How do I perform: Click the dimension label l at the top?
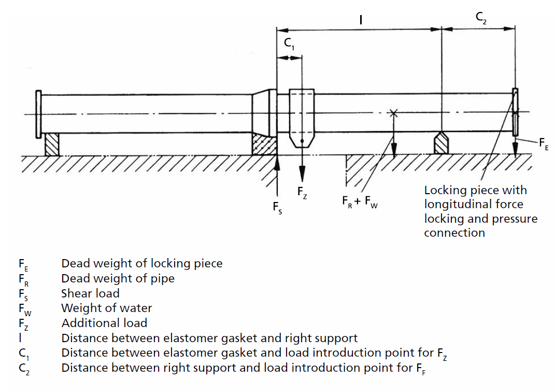pos(361,20)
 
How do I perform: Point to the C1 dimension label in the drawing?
pos(289,46)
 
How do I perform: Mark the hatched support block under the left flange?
pos(52,144)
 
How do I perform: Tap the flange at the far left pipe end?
pos(38,114)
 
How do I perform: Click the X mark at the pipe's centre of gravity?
pos(394,112)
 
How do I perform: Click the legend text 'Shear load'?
pos(90,293)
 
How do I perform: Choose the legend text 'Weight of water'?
pos(106,308)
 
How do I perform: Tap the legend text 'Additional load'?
pos(104,323)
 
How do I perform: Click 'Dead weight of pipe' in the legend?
pos(118,278)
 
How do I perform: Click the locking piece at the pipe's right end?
pos(515,113)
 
